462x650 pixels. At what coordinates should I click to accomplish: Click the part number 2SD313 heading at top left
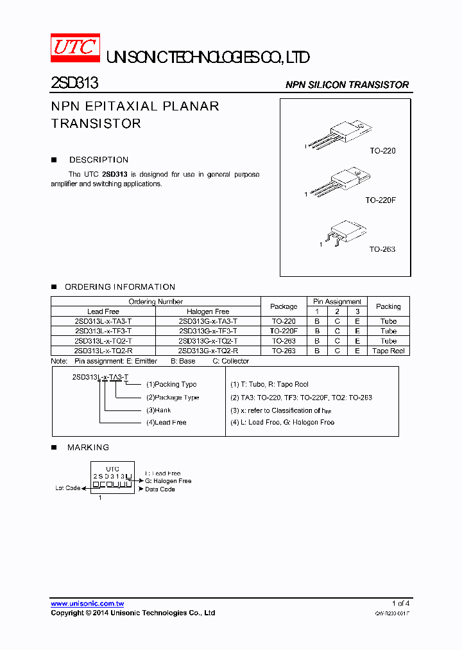click(x=74, y=84)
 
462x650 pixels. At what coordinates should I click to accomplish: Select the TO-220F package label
click(x=381, y=200)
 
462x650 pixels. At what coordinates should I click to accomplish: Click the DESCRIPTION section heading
click(x=99, y=160)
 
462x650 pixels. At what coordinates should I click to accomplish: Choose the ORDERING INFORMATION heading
click(x=120, y=287)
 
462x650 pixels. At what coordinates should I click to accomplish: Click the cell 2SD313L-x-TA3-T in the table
click(x=103, y=321)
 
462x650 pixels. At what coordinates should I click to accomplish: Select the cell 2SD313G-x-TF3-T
click(x=208, y=331)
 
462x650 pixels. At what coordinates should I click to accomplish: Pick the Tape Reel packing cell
click(x=388, y=351)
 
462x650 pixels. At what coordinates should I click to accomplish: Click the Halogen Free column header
click(x=208, y=312)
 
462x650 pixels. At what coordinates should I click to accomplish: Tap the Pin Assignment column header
click(x=337, y=301)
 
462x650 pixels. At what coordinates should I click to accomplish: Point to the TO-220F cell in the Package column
click(x=284, y=331)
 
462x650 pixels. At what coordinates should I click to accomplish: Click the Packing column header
click(x=388, y=306)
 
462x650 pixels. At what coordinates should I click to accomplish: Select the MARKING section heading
click(x=88, y=448)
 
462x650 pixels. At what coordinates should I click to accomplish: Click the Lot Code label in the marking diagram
click(x=67, y=488)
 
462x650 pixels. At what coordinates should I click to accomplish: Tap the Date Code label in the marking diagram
click(x=160, y=489)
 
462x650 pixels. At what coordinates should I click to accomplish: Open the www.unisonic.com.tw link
click(x=87, y=604)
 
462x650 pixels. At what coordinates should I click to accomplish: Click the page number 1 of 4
click(x=400, y=604)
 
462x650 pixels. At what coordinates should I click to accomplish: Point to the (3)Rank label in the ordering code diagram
click(x=158, y=410)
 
